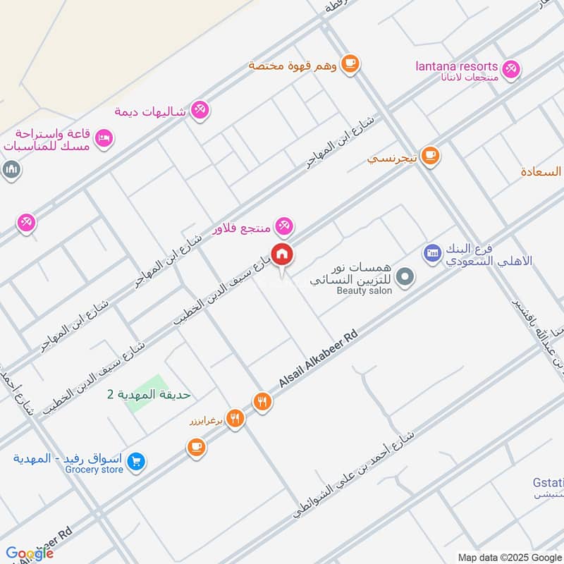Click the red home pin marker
(283, 253)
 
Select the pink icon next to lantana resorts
(512, 68)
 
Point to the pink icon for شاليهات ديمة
(200, 109)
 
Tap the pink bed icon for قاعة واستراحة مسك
(103, 138)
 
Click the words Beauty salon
(364, 290)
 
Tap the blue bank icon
(432, 252)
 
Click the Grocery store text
(94, 470)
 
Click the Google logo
(30, 553)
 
